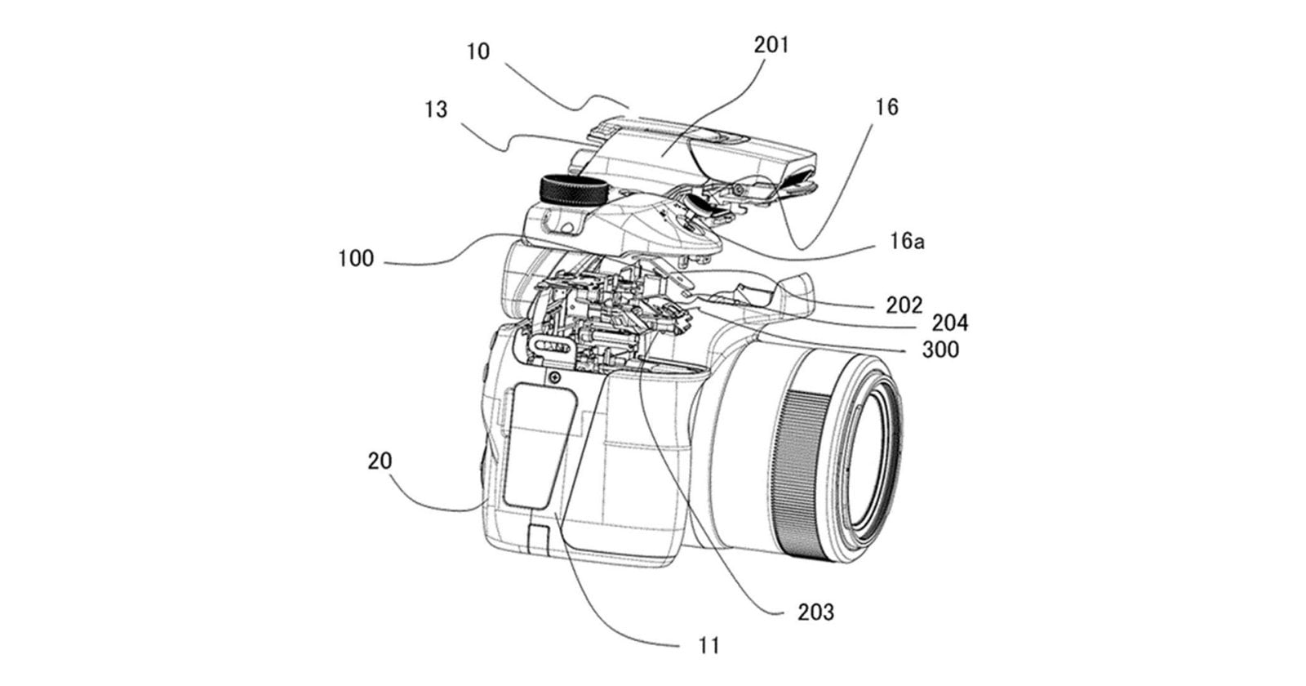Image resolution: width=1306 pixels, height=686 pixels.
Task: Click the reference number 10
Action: (x=478, y=51)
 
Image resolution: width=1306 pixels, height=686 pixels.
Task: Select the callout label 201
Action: (x=771, y=45)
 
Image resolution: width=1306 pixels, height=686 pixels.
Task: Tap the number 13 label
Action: (x=437, y=109)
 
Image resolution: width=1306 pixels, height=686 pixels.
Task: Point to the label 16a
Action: (x=907, y=242)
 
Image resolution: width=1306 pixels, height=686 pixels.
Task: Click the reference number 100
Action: (x=356, y=259)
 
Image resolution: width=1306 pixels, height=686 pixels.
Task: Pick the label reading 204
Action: (x=950, y=323)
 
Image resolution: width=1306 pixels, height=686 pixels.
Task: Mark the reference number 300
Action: (x=940, y=350)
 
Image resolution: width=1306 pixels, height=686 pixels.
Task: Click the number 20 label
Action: (x=380, y=461)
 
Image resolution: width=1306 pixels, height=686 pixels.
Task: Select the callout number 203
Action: (x=816, y=611)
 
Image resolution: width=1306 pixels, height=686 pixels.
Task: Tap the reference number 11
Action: (x=709, y=645)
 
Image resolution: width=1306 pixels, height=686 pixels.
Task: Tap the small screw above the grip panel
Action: (x=554, y=377)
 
